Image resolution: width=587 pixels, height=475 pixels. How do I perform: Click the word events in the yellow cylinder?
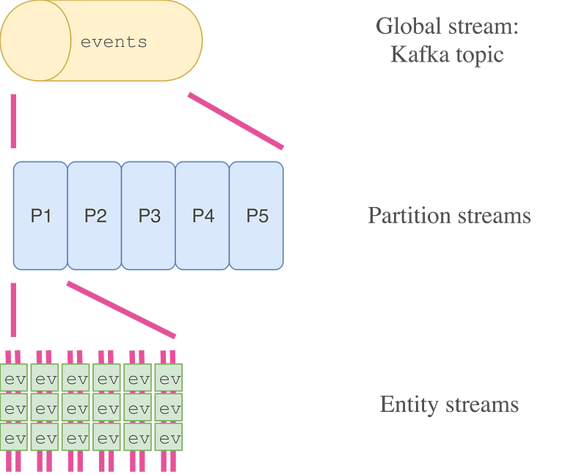[114, 42]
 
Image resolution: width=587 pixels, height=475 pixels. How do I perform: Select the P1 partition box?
[40, 216]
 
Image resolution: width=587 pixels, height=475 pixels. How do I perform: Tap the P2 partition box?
[95, 216]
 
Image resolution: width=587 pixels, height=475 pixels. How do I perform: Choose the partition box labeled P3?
[149, 216]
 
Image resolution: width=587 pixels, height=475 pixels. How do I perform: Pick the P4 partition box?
[203, 216]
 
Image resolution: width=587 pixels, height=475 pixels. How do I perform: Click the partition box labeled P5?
[258, 216]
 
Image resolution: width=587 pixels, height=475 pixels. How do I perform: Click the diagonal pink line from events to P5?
[236, 120]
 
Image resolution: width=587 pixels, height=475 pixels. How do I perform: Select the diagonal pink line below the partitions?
[121, 309]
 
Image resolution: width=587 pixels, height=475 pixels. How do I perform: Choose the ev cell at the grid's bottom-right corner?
[169, 438]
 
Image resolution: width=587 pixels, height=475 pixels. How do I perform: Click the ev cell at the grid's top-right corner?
[169, 380]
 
